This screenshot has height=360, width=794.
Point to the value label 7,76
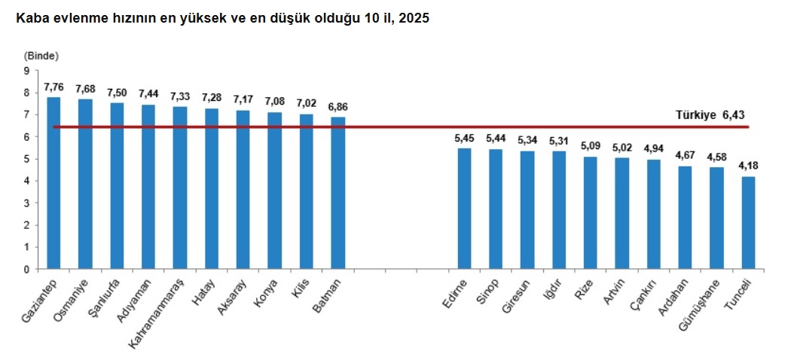coord(53,87)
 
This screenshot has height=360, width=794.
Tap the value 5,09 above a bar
coord(591,146)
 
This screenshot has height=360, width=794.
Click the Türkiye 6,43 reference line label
coord(710,115)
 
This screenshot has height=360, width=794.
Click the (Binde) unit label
coord(41,56)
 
